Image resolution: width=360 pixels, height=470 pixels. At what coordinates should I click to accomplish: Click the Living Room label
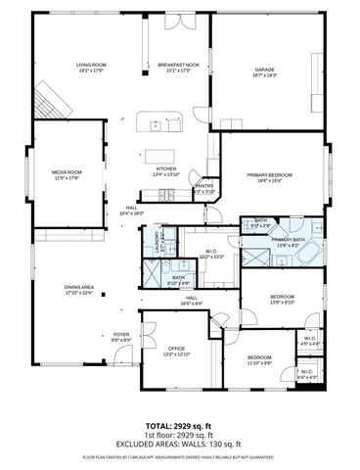[91, 68]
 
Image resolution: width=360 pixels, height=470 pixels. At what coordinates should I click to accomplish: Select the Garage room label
[264, 71]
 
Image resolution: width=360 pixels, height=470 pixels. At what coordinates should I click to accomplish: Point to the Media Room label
[67, 174]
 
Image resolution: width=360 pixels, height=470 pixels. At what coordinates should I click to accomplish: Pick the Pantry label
[203, 187]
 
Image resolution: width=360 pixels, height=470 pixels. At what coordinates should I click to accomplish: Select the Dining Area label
[78, 289]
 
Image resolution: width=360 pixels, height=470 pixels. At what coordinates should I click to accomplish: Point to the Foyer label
[120, 336]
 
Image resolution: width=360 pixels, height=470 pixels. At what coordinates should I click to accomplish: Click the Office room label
[176, 350]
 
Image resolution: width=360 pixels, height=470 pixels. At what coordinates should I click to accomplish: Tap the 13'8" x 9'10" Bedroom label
[282, 299]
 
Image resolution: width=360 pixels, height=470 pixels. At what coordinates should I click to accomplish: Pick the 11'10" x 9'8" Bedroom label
[259, 359]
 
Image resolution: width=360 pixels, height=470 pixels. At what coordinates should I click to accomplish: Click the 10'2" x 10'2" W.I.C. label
[212, 254]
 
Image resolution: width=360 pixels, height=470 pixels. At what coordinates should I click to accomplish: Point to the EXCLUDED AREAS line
[179, 445]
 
